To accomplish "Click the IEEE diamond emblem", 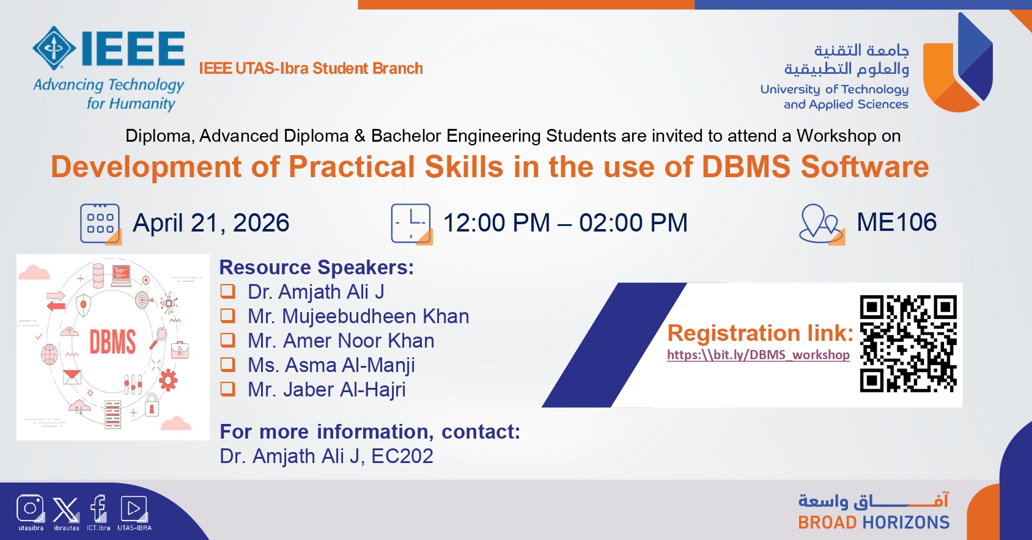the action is click(x=54, y=48).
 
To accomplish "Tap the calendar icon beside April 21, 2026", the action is click(x=100, y=224).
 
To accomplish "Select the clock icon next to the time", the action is click(x=411, y=224).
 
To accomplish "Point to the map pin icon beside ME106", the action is click(x=822, y=224).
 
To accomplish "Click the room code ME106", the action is click(x=896, y=222).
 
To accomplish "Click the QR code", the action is click(x=908, y=343).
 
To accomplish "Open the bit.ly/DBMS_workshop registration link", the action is click(x=758, y=354).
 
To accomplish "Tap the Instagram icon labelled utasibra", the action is click(x=30, y=508).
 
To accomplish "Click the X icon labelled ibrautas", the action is click(x=65, y=509).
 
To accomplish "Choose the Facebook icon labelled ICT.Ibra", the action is click(x=98, y=508).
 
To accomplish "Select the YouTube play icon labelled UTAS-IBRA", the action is click(x=134, y=509).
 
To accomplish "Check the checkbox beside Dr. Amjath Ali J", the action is click(x=227, y=291).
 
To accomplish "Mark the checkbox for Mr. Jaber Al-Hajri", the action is click(x=227, y=389).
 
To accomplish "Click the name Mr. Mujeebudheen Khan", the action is click(x=358, y=316).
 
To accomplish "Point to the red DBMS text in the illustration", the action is click(x=112, y=341).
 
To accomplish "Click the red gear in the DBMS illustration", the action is click(x=168, y=380).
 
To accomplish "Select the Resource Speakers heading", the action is click(x=317, y=267).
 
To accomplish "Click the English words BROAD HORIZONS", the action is click(x=874, y=522).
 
